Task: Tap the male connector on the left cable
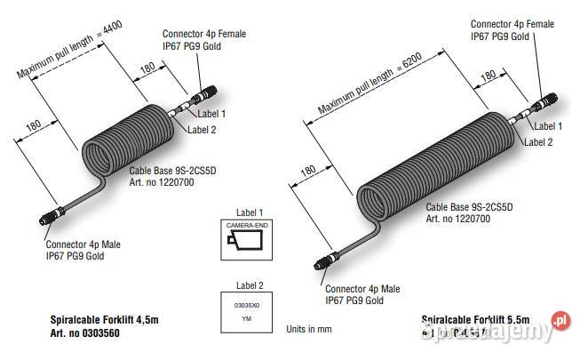point(50,219)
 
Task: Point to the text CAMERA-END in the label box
point(244,227)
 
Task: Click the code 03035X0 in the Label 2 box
point(245,305)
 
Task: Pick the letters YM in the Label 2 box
point(246,317)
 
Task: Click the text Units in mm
point(308,328)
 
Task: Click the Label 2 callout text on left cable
point(202,130)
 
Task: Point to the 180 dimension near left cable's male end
point(33,126)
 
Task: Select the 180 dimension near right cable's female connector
point(489,78)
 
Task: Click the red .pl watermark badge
point(559,321)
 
